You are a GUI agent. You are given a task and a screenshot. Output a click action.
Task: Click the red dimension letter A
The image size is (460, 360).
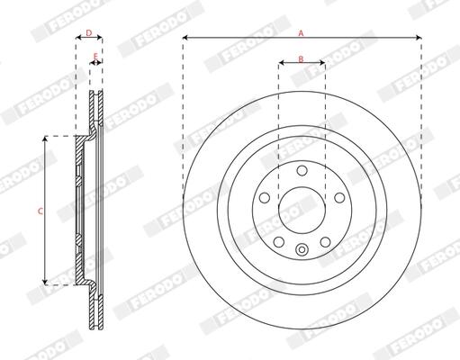[301, 33]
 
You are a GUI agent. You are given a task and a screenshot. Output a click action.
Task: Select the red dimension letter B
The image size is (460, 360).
[301, 58]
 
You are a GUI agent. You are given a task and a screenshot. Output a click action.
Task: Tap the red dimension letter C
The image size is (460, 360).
[41, 211]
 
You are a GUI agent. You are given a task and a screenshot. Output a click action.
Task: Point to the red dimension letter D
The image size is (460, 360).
[89, 32]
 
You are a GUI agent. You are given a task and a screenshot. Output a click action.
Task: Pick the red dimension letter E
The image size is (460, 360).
[95, 56]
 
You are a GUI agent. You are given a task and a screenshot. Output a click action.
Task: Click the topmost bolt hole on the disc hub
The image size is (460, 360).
[302, 170]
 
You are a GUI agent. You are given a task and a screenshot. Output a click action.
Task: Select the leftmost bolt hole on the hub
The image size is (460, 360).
[265, 198]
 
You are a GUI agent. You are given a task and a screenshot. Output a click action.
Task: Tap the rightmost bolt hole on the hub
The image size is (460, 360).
[339, 198]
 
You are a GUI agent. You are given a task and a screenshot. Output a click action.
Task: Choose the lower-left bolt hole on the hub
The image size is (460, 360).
[279, 242]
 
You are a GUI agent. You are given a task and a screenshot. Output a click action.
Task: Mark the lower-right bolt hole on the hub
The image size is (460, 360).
[325, 242]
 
